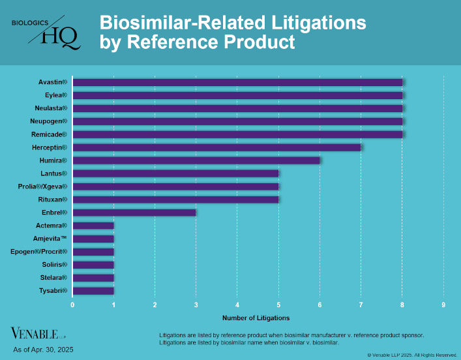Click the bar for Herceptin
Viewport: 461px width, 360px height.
[x=216, y=147]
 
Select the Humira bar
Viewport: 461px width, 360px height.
[x=196, y=160]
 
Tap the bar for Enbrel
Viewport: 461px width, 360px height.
[x=134, y=213]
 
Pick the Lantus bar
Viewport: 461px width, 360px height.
[x=175, y=173]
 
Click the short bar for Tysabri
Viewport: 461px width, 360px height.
[x=93, y=291]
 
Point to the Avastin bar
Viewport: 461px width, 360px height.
[x=237, y=82]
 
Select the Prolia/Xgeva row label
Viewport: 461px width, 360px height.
[x=42, y=187]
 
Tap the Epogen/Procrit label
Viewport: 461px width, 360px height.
[x=39, y=252]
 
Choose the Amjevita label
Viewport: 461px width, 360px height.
[x=50, y=239]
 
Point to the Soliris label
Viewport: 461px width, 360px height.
[x=53, y=265]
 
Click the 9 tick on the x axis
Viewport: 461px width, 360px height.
[x=443, y=305]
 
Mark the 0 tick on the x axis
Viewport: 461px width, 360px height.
[x=72, y=305]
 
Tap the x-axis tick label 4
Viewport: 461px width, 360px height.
[x=237, y=305]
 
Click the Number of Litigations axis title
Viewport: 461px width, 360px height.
[x=256, y=318]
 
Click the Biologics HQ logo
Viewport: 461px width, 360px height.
[x=48, y=31]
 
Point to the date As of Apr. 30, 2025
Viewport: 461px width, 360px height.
[x=43, y=350]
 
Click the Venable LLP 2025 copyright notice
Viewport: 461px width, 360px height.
[x=412, y=355]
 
